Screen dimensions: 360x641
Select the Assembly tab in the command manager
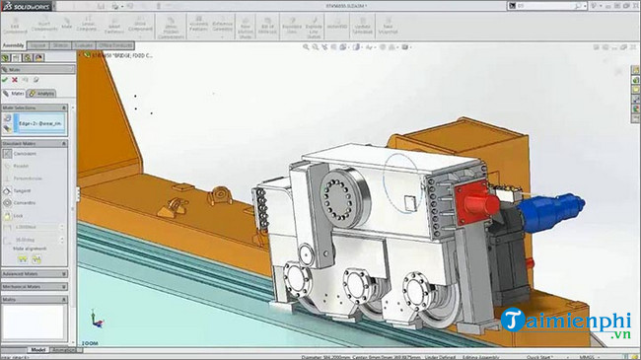coord(14,45)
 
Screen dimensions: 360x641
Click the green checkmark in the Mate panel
coord(6,80)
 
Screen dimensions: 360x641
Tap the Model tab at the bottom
coord(37,350)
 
